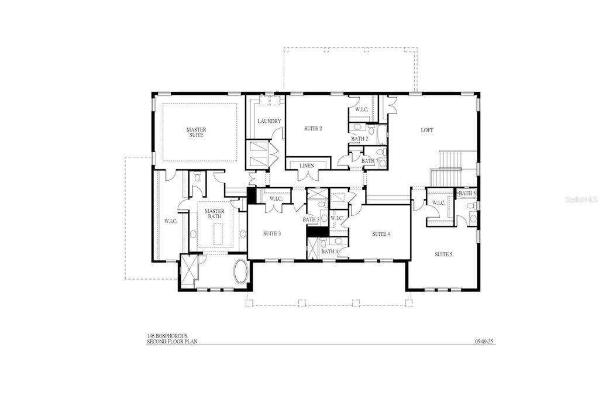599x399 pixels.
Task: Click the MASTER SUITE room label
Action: click(x=196, y=132)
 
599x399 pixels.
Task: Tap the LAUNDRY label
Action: click(x=270, y=121)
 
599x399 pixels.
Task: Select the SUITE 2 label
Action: click(x=313, y=129)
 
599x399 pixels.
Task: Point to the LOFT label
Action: click(x=427, y=130)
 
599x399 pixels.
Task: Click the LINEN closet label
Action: click(x=307, y=166)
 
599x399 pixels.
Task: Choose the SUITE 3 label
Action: click(x=272, y=233)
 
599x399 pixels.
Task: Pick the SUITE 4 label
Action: click(x=381, y=234)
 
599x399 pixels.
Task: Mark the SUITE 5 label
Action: click(x=443, y=254)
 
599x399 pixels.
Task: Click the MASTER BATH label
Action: click(x=214, y=214)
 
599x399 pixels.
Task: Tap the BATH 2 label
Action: click(x=359, y=139)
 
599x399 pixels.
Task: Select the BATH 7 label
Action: click(x=369, y=161)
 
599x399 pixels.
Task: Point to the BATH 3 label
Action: click(x=311, y=219)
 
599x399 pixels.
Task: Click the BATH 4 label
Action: click(x=329, y=252)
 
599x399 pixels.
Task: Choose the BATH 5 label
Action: click(x=466, y=193)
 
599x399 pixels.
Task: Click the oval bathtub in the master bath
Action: click(x=241, y=272)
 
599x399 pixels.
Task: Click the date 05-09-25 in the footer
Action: click(x=484, y=341)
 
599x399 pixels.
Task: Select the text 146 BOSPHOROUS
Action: click(x=167, y=336)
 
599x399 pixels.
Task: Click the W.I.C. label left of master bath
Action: click(x=171, y=221)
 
